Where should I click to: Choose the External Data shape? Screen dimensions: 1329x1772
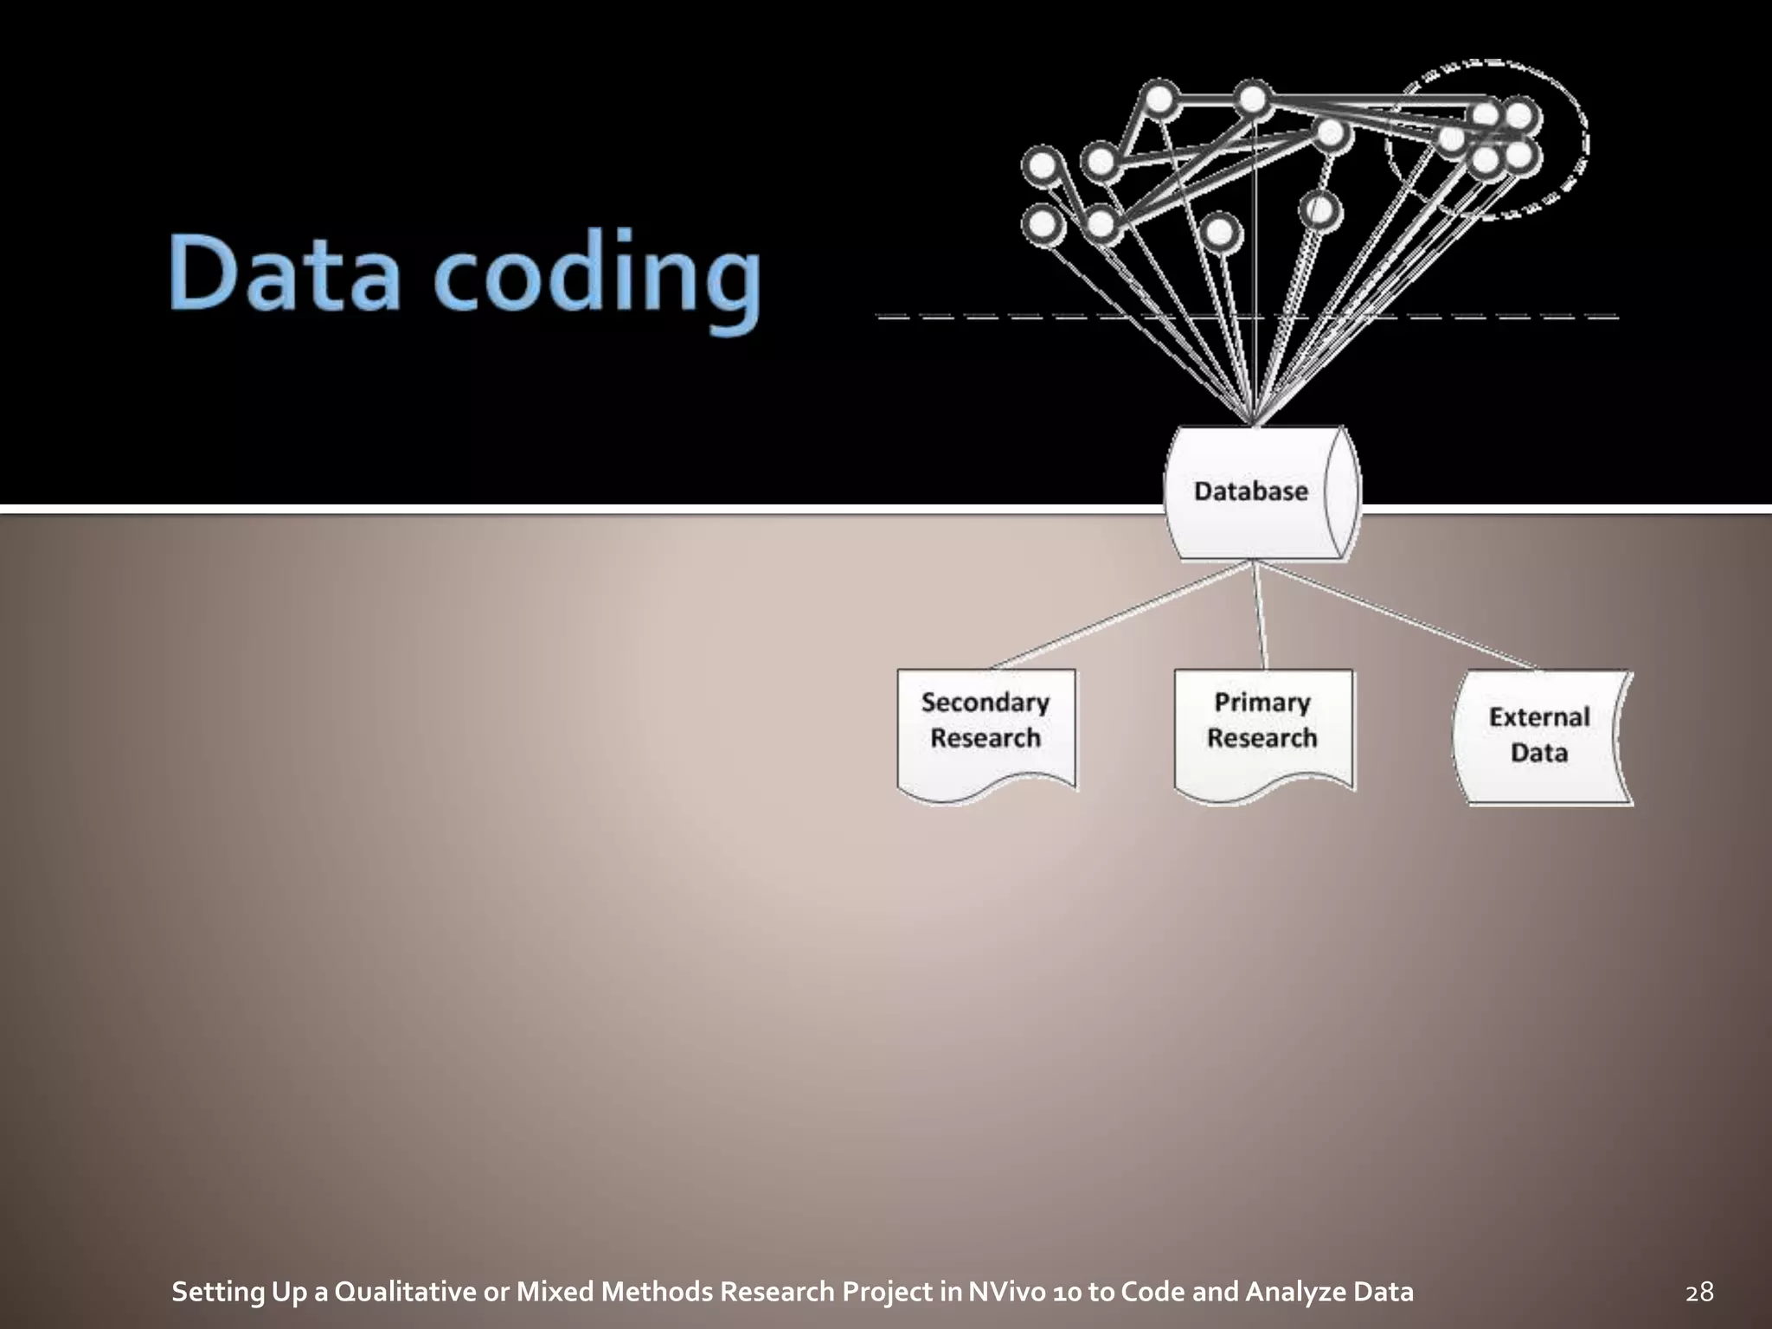[1540, 735]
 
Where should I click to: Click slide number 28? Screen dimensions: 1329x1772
[1699, 1292]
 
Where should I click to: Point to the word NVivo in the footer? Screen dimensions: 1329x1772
[1005, 1292]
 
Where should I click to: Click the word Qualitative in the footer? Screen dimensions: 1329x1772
[406, 1292]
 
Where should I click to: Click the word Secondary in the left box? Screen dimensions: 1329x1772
[986, 703]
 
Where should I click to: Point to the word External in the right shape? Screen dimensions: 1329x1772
[1539, 717]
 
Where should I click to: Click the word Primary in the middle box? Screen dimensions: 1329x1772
[1262, 703]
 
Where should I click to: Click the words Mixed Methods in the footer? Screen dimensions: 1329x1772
[615, 1292]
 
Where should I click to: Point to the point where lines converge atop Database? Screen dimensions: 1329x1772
[1254, 422]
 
